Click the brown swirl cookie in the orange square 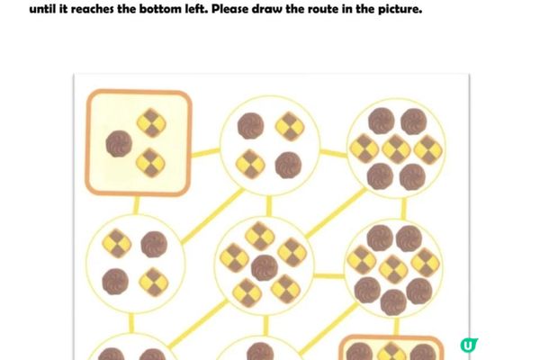[119, 144]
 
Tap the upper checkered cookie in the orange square [151, 123]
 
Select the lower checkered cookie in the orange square [151, 163]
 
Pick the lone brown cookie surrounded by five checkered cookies [265, 267]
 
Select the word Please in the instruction [229, 9]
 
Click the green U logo [469, 345]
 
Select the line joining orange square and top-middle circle [205, 152]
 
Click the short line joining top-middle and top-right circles [334, 153]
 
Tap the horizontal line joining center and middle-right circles [328, 275]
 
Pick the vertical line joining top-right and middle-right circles [403, 209]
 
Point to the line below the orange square [136, 205]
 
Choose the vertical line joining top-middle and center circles [268, 206]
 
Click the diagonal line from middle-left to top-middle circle [212, 216]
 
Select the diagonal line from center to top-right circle [336, 212]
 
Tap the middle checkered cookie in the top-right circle [396, 148]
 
